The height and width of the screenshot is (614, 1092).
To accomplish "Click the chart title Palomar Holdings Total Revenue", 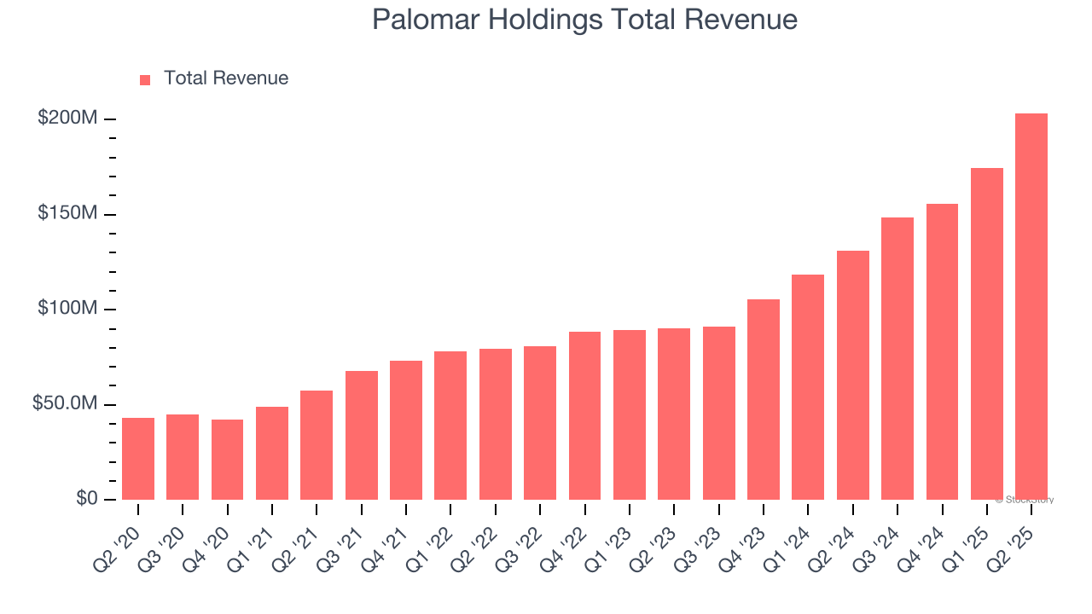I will tap(584, 20).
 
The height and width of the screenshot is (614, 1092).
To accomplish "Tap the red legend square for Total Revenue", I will tap(145, 79).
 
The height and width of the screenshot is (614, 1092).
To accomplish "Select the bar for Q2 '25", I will tap(1031, 307).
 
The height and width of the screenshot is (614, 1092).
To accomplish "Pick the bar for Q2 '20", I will tap(138, 459).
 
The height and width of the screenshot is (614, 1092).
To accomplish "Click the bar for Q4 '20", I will tap(227, 460).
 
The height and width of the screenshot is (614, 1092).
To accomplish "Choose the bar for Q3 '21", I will tap(361, 435).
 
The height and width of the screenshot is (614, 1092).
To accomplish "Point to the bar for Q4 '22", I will tap(584, 415).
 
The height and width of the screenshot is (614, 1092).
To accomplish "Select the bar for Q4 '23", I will tap(763, 399).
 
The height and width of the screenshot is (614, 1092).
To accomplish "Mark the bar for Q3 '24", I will tap(897, 358).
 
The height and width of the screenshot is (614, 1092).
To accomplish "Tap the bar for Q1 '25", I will tap(986, 333).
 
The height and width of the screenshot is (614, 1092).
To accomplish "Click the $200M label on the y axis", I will tap(67, 119).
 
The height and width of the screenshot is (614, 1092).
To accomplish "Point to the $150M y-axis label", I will tap(67, 213).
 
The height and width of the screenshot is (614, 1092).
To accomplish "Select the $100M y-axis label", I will tap(67, 308).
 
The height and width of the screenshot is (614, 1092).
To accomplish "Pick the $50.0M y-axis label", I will tap(65, 403).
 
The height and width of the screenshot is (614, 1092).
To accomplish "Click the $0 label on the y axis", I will tap(86, 499).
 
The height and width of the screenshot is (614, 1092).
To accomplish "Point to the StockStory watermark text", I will tap(1025, 500).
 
